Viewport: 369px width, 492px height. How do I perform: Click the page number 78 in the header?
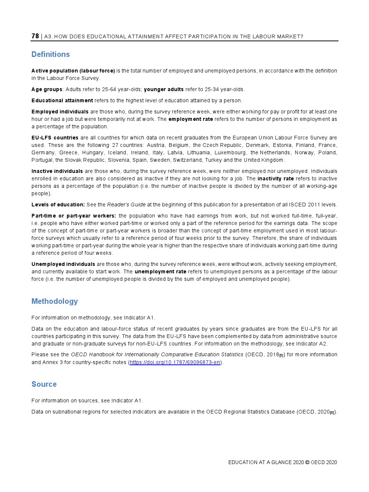35,36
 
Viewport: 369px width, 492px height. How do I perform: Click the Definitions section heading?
51,54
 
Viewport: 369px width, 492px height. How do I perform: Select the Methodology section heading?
55,301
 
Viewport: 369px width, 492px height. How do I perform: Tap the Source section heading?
44,384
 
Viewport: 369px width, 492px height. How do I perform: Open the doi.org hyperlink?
175,362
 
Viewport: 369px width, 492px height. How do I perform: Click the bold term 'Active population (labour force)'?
73,71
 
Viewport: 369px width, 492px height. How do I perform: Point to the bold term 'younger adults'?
164,89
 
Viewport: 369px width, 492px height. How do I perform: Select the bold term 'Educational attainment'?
62,100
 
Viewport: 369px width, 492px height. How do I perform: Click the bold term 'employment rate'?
190,119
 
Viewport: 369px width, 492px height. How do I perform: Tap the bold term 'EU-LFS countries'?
55,138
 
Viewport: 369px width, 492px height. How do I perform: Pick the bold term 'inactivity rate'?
275,179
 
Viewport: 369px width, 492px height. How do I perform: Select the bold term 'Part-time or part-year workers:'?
74,216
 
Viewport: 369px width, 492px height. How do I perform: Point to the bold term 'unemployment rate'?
160,271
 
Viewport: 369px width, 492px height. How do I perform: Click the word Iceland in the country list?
117,152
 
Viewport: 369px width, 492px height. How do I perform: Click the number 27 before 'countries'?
115,145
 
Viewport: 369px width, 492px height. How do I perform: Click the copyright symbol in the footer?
307,462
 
